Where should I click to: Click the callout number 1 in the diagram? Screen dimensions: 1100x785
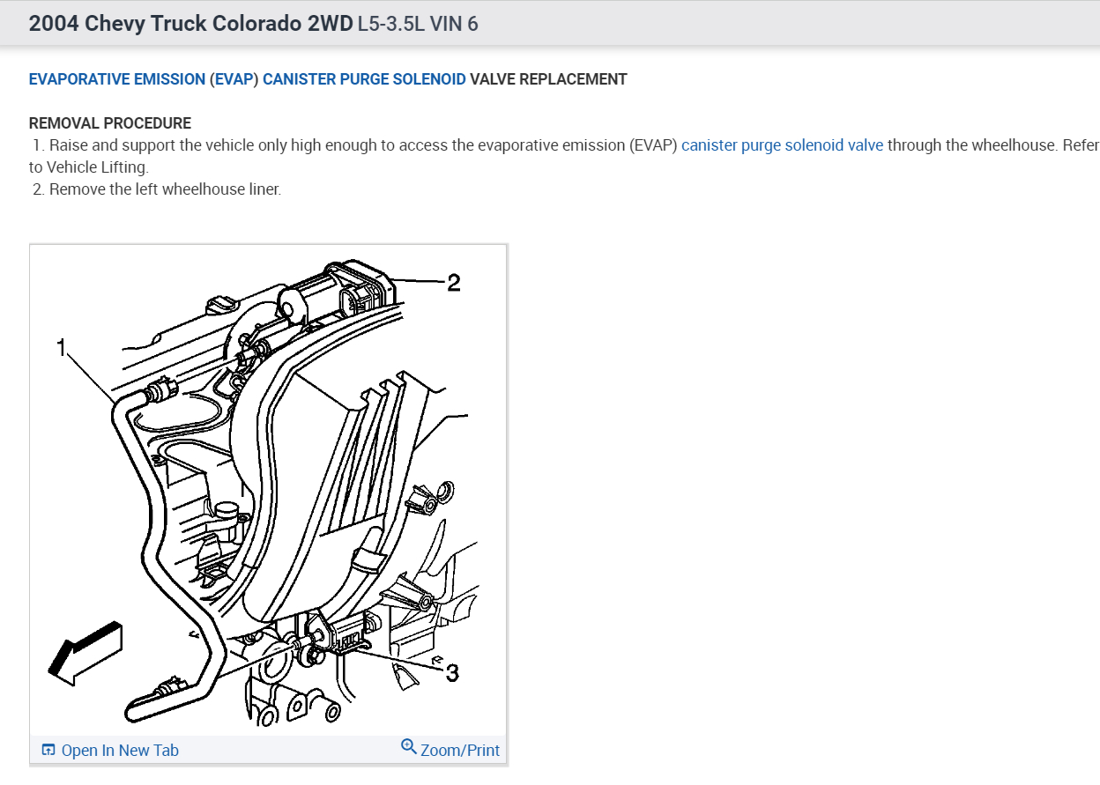[x=62, y=349]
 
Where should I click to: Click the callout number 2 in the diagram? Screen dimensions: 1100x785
[x=453, y=283]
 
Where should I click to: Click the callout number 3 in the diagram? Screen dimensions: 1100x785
[x=452, y=673]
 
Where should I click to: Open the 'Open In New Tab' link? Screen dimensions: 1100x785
[x=119, y=751]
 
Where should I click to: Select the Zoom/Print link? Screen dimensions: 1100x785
[x=459, y=751]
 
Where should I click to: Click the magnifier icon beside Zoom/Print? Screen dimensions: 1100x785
[x=409, y=747]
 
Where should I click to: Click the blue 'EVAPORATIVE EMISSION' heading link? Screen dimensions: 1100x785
[x=117, y=79]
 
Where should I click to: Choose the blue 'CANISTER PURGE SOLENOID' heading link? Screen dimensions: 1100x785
[x=364, y=79]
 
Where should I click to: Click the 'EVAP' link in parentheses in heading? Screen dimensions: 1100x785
[x=234, y=79]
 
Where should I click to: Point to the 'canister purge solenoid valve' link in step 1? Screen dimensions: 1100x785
[x=782, y=145]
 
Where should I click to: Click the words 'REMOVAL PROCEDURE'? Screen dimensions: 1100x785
[x=110, y=123]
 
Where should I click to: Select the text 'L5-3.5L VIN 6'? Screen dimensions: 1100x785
[x=418, y=23]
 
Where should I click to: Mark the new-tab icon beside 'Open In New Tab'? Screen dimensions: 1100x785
[x=48, y=751]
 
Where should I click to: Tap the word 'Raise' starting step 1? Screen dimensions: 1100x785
[x=68, y=145]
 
